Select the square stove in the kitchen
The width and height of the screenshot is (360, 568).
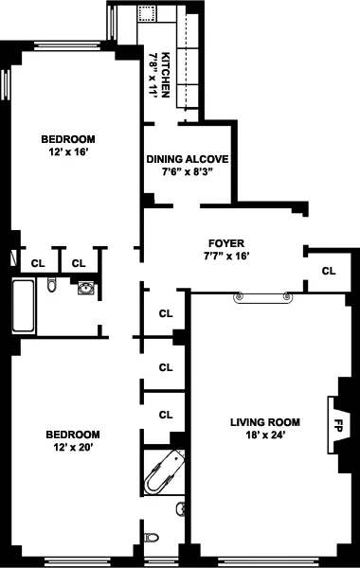click(148, 13)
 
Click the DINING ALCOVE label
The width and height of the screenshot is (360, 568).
click(188, 158)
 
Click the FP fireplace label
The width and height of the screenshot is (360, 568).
click(338, 423)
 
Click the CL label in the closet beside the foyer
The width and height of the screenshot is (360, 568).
click(329, 272)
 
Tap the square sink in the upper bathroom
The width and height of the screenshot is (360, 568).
click(87, 287)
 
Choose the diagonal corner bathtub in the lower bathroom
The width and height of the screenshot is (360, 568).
click(163, 472)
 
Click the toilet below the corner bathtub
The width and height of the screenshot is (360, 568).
click(152, 539)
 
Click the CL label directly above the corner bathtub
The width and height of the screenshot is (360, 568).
click(166, 415)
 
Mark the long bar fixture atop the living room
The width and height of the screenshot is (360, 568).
click(265, 298)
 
